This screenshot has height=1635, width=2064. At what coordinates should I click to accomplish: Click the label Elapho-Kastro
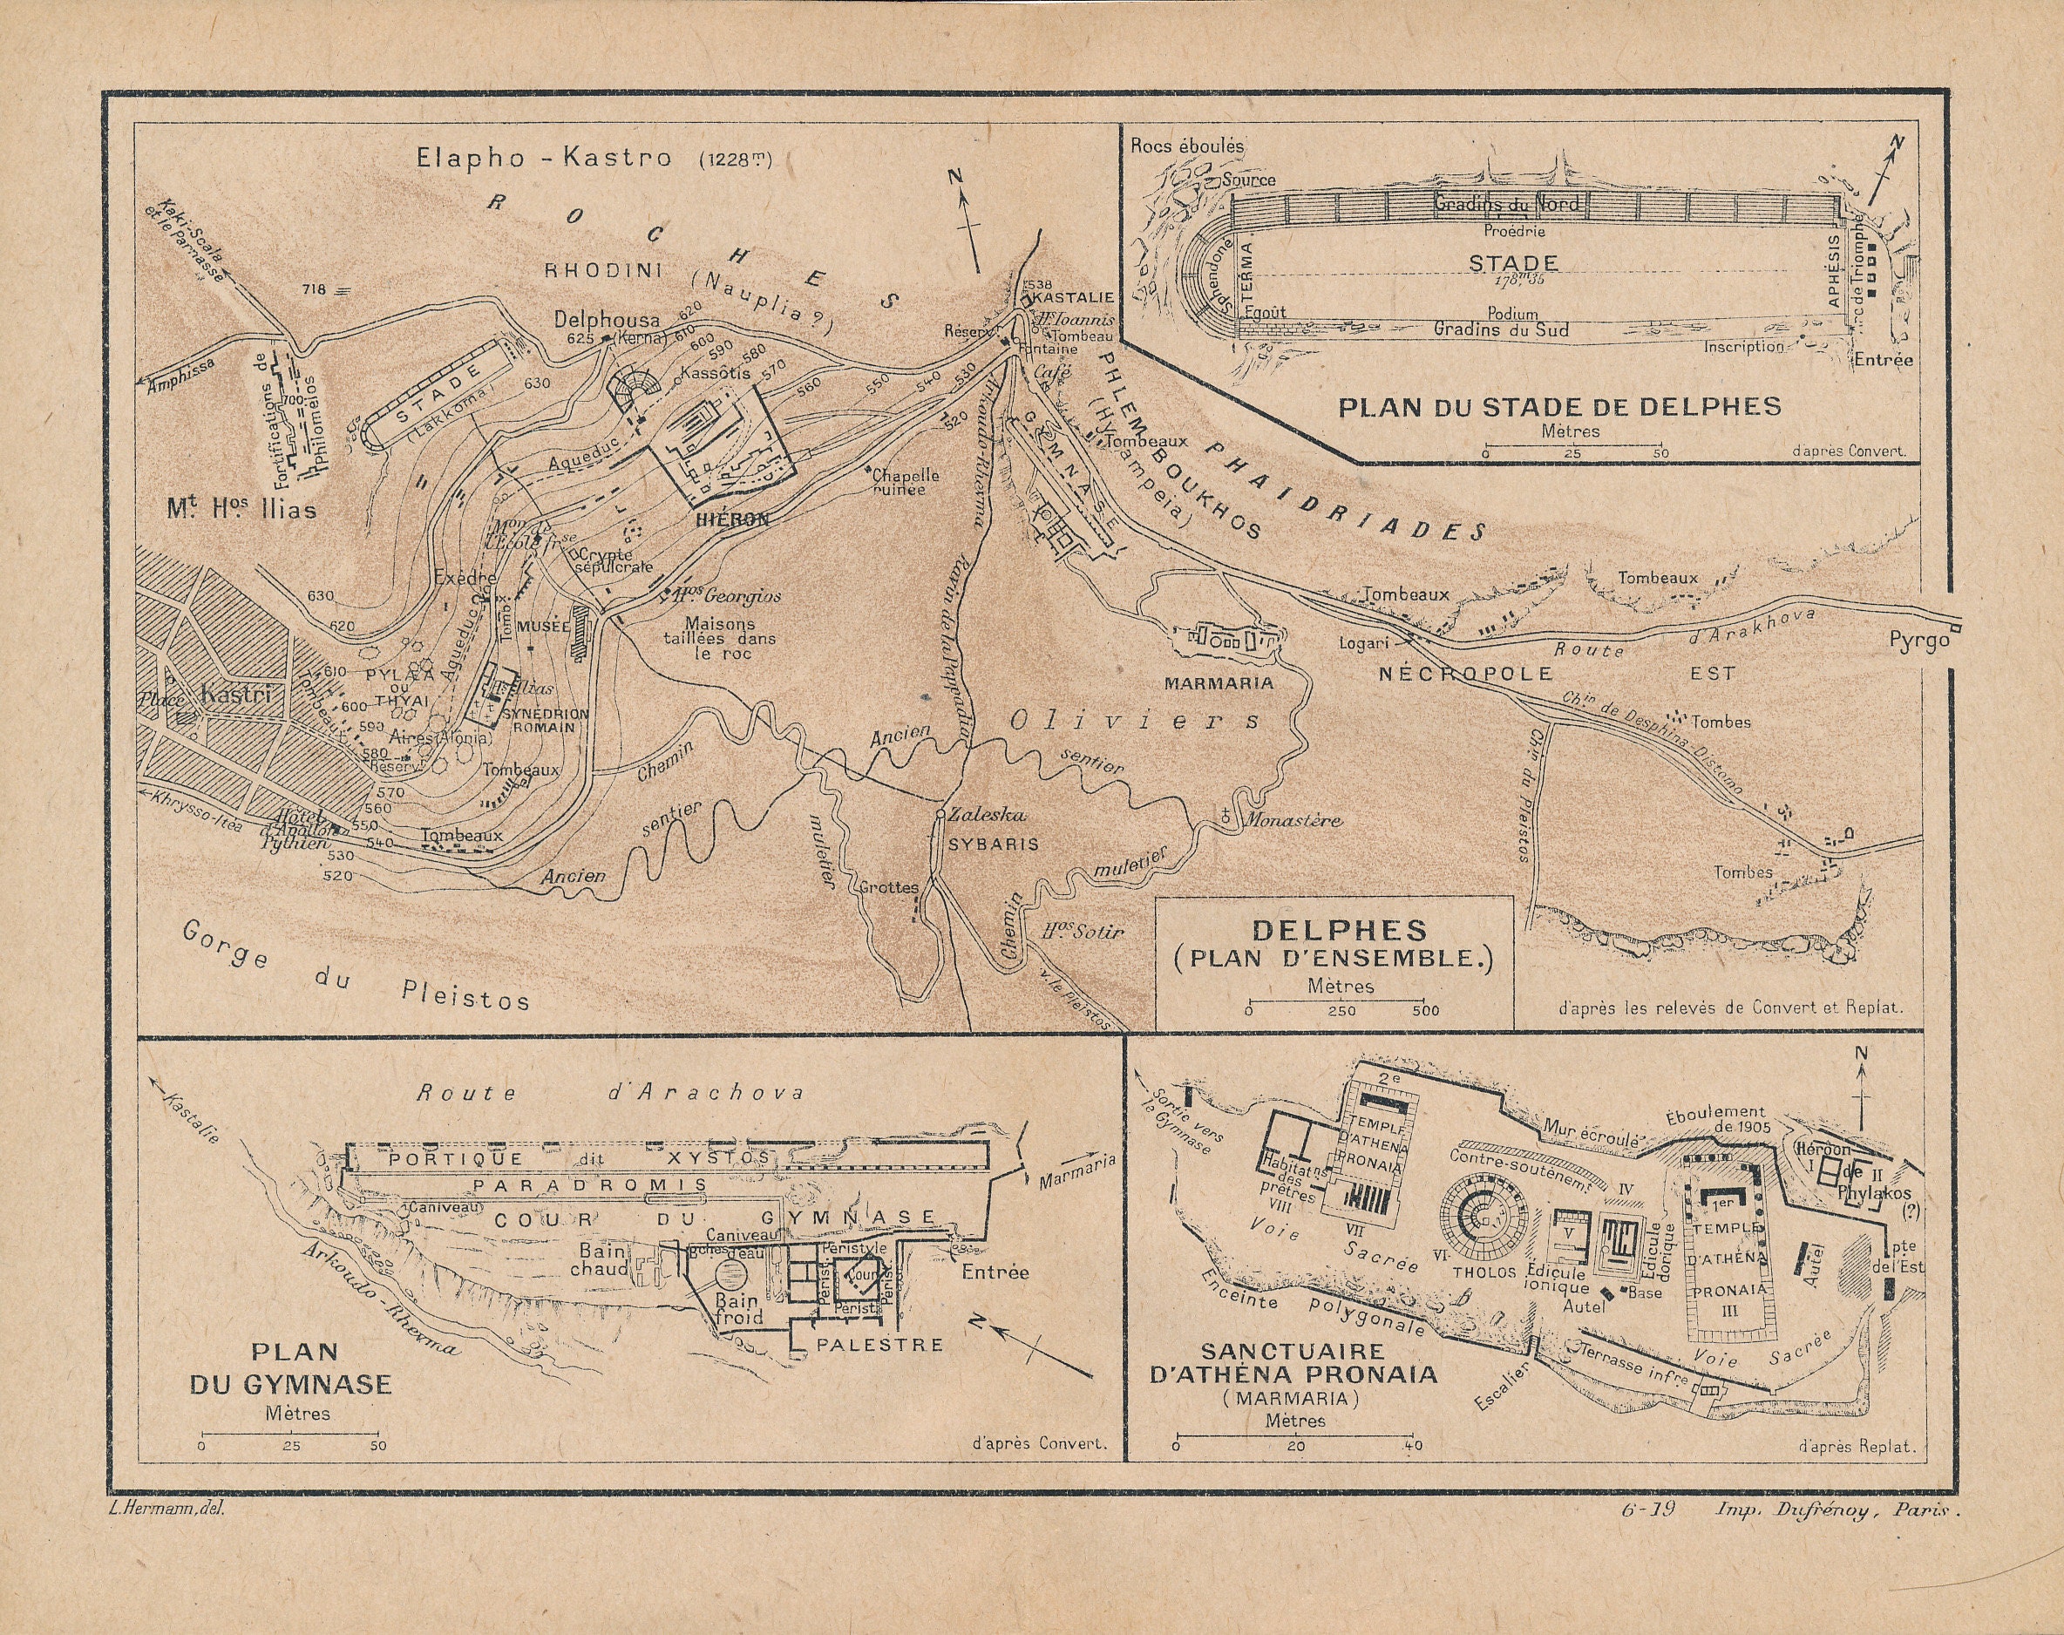pyautogui.click(x=543, y=158)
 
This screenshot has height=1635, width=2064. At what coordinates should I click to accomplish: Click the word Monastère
pyautogui.click(x=1293, y=819)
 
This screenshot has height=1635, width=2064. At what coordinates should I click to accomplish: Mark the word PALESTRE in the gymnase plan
pyautogui.click(x=879, y=1344)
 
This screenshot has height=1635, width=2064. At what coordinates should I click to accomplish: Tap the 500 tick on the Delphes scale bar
pyautogui.click(x=1424, y=1009)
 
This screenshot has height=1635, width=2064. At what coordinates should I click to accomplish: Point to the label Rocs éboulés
pyautogui.click(x=1187, y=146)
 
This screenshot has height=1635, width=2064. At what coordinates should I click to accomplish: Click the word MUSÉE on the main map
pyautogui.click(x=543, y=626)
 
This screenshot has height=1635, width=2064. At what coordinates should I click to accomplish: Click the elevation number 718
pyautogui.click(x=314, y=289)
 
